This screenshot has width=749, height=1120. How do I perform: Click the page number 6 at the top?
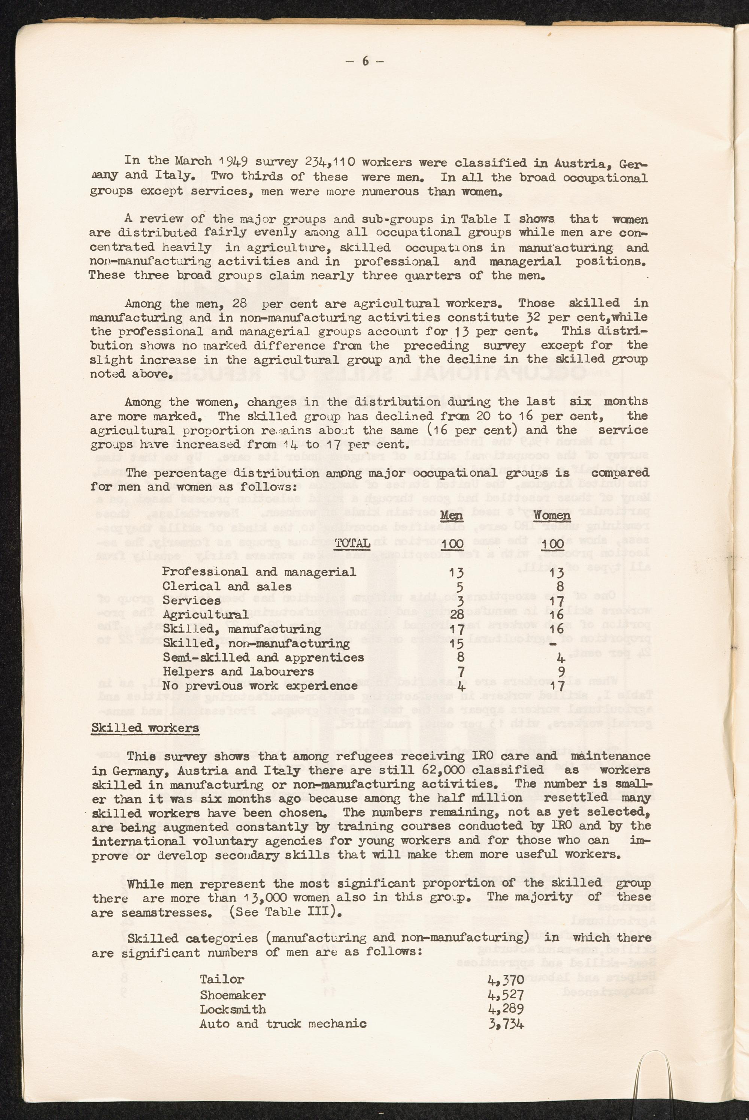[366, 61]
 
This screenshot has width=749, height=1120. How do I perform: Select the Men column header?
[451, 516]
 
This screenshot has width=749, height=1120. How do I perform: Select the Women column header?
[552, 516]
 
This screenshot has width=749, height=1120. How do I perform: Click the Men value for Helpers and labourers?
[461, 672]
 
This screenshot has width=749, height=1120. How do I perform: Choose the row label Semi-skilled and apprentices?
[263, 658]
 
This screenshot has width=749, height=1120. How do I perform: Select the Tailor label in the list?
[222, 979]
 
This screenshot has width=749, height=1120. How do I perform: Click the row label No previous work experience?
[260, 686]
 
